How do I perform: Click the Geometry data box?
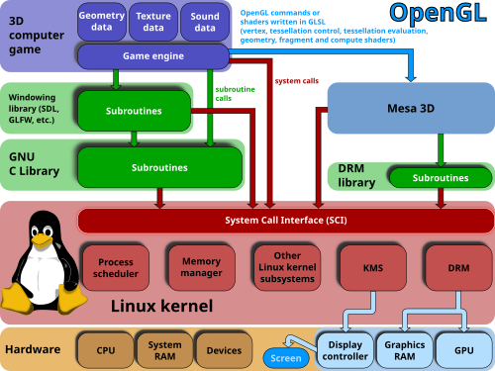point(103,23)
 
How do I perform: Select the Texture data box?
point(153,23)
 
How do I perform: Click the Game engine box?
point(152,56)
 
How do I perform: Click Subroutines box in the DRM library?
point(441,178)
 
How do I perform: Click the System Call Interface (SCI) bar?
point(285,220)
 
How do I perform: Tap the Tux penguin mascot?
point(42,262)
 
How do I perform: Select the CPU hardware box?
point(106,350)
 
